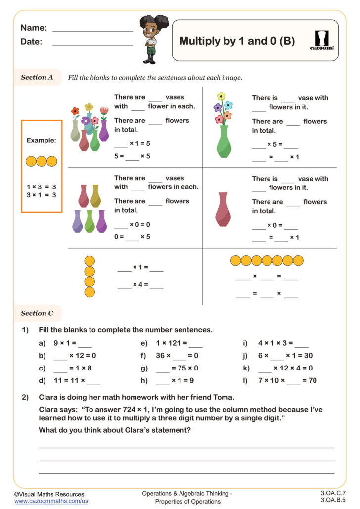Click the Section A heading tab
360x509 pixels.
tap(37, 77)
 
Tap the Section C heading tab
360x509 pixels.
tap(37, 313)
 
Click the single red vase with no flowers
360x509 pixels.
tap(223, 209)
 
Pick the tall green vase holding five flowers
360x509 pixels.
tap(224, 141)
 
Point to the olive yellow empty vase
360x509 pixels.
tap(95, 196)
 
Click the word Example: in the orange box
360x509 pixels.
tap(42, 140)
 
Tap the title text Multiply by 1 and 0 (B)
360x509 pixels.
tap(237, 41)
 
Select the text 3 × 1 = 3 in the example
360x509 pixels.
tap(41, 195)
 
